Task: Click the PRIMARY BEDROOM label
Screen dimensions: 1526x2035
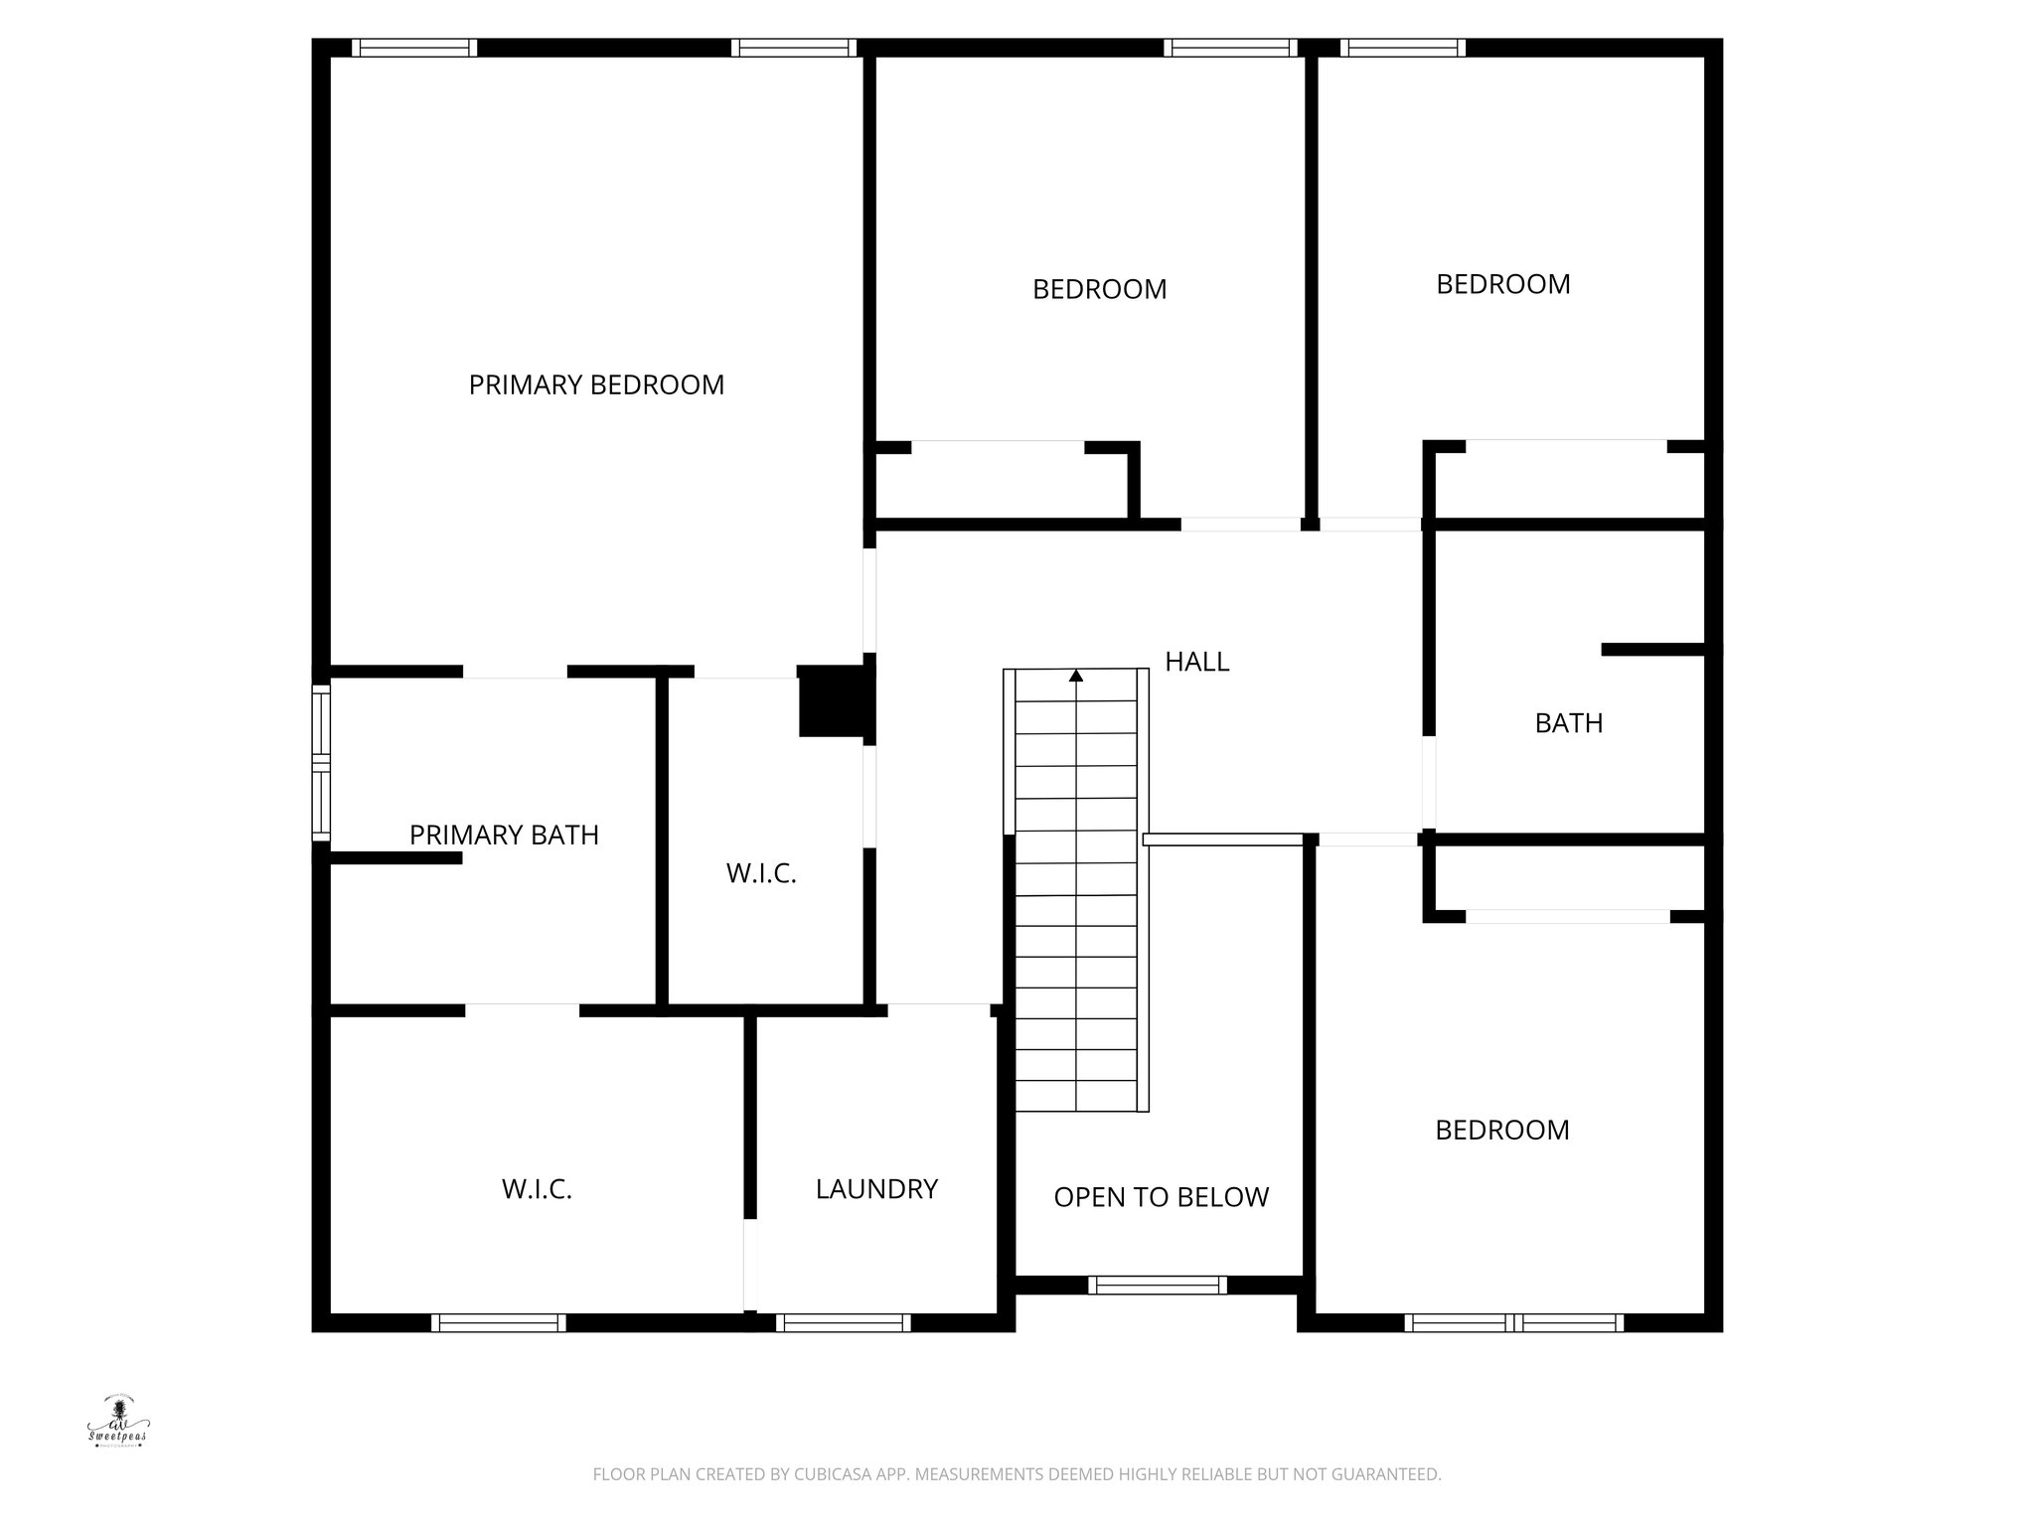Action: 596,385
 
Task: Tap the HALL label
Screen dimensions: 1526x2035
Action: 1196,662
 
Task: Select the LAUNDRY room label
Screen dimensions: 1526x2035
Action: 876,1189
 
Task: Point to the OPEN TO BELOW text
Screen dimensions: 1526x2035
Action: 1161,1197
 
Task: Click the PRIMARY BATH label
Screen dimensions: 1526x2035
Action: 504,836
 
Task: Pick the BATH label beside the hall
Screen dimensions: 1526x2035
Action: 1568,723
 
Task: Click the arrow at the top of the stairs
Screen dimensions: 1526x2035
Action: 1076,677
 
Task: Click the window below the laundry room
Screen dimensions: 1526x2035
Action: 843,1322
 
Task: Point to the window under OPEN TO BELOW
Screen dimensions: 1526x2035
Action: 1158,1285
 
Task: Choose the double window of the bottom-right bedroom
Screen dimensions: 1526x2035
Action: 1513,1322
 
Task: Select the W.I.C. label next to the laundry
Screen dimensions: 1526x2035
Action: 537,1189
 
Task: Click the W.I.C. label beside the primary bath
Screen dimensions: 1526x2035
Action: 761,874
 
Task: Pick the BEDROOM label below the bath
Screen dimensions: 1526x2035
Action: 1501,1131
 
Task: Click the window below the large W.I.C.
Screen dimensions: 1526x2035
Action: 499,1322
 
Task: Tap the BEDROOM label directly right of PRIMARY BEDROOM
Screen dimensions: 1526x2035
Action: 1099,290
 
